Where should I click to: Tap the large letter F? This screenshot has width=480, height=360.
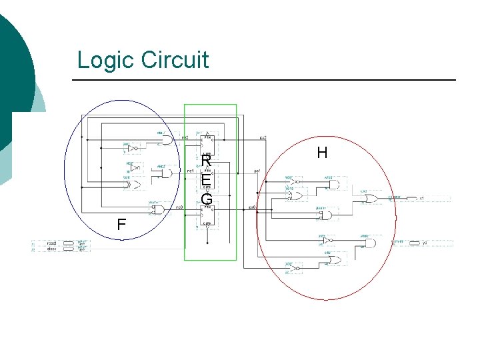[121, 225]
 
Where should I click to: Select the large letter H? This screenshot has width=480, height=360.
[322, 153]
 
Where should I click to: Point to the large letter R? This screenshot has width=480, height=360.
[207, 163]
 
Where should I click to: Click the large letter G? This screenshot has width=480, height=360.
[207, 199]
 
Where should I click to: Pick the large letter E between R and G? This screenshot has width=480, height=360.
[207, 181]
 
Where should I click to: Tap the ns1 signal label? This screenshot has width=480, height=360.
[190, 171]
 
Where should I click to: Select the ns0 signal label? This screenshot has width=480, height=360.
[179, 207]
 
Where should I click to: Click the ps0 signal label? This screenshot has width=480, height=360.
[253, 207]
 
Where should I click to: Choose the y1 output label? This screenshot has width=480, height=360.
[422, 198]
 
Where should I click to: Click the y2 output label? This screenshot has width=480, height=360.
[424, 243]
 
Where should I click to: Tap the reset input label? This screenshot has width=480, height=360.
[51, 243]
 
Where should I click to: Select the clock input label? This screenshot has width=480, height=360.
[51, 249]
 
